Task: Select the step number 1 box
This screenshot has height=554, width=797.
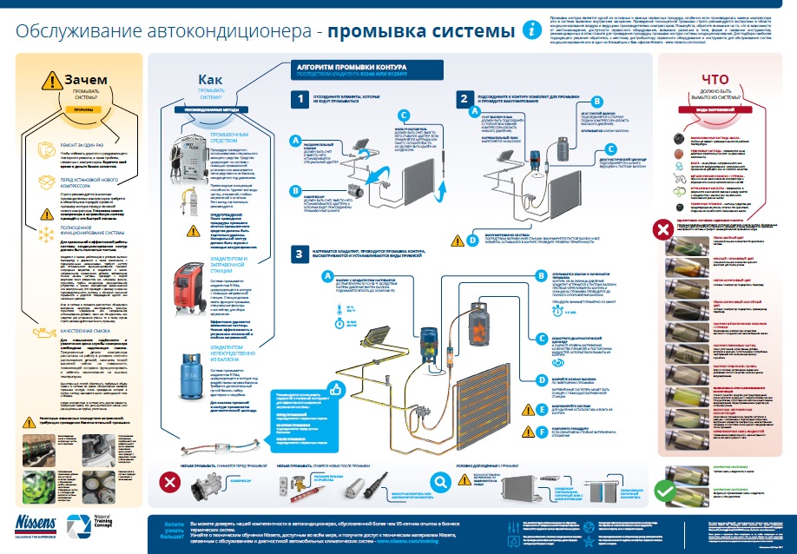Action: point(300,100)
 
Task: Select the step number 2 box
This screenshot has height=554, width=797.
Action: point(465,100)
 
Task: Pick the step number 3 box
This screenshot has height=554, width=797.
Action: point(300,254)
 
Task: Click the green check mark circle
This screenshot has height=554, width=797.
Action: point(666,491)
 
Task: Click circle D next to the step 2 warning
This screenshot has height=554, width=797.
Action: point(472,241)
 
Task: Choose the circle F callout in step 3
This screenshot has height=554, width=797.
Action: point(542,431)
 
